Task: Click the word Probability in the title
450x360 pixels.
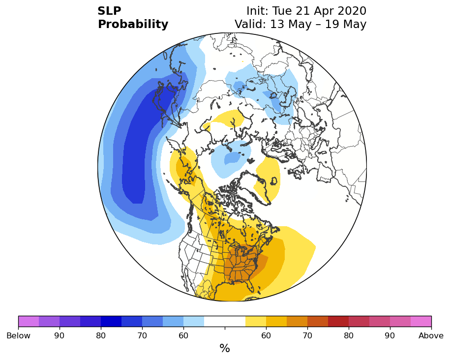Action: pos(133,25)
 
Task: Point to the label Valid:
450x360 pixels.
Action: pos(251,24)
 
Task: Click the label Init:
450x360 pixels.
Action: pos(258,11)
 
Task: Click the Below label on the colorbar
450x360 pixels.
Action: pos(18,335)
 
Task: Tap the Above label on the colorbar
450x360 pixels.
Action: pos(431,335)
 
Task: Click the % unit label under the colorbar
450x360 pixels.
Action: pos(225,348)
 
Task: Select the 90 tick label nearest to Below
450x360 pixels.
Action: pos(60,335)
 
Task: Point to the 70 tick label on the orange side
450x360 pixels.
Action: pos(307,335)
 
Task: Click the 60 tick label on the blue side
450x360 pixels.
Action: pos(183,335)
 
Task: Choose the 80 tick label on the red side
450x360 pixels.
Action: pos(349,335)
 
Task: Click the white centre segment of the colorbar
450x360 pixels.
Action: pos(225,321)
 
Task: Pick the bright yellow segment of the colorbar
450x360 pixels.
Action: pos(256,321)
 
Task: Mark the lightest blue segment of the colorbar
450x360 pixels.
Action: pos(194,321)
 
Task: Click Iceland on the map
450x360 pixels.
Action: pos(273,181)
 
